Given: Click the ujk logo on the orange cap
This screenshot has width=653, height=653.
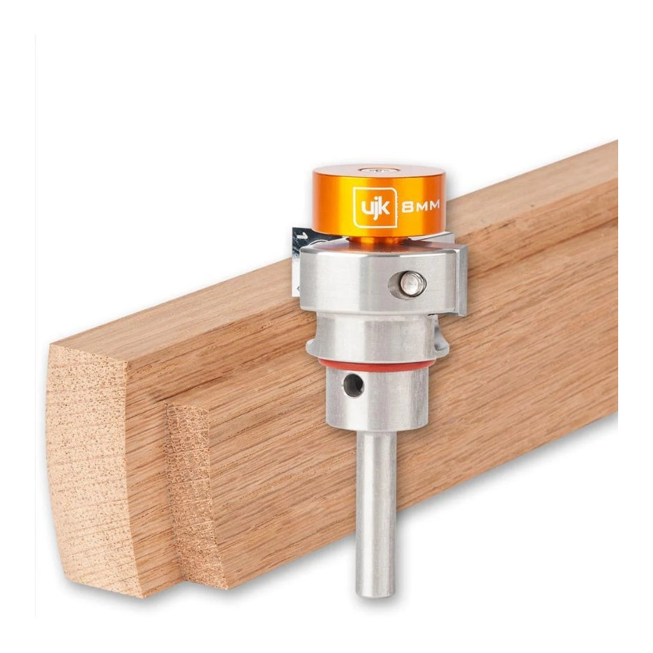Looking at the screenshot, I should tap(375, 207).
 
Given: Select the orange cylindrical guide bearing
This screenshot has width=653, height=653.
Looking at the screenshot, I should tap(378, 202).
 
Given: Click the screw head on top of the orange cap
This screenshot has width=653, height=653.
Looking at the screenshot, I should tap(378, 170).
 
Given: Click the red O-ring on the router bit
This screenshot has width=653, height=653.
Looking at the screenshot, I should tap(377, 365).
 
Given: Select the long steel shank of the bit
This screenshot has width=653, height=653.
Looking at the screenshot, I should tap(375, 509).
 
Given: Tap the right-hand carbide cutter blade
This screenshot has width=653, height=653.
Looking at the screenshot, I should tap(459, 279).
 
